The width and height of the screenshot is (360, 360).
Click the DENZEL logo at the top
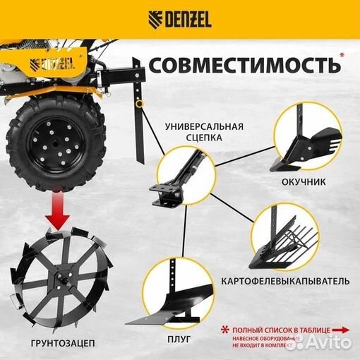pos(179,18)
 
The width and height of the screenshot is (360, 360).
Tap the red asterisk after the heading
pos(343,54)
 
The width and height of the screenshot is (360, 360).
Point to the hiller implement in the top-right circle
pos(307,140)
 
